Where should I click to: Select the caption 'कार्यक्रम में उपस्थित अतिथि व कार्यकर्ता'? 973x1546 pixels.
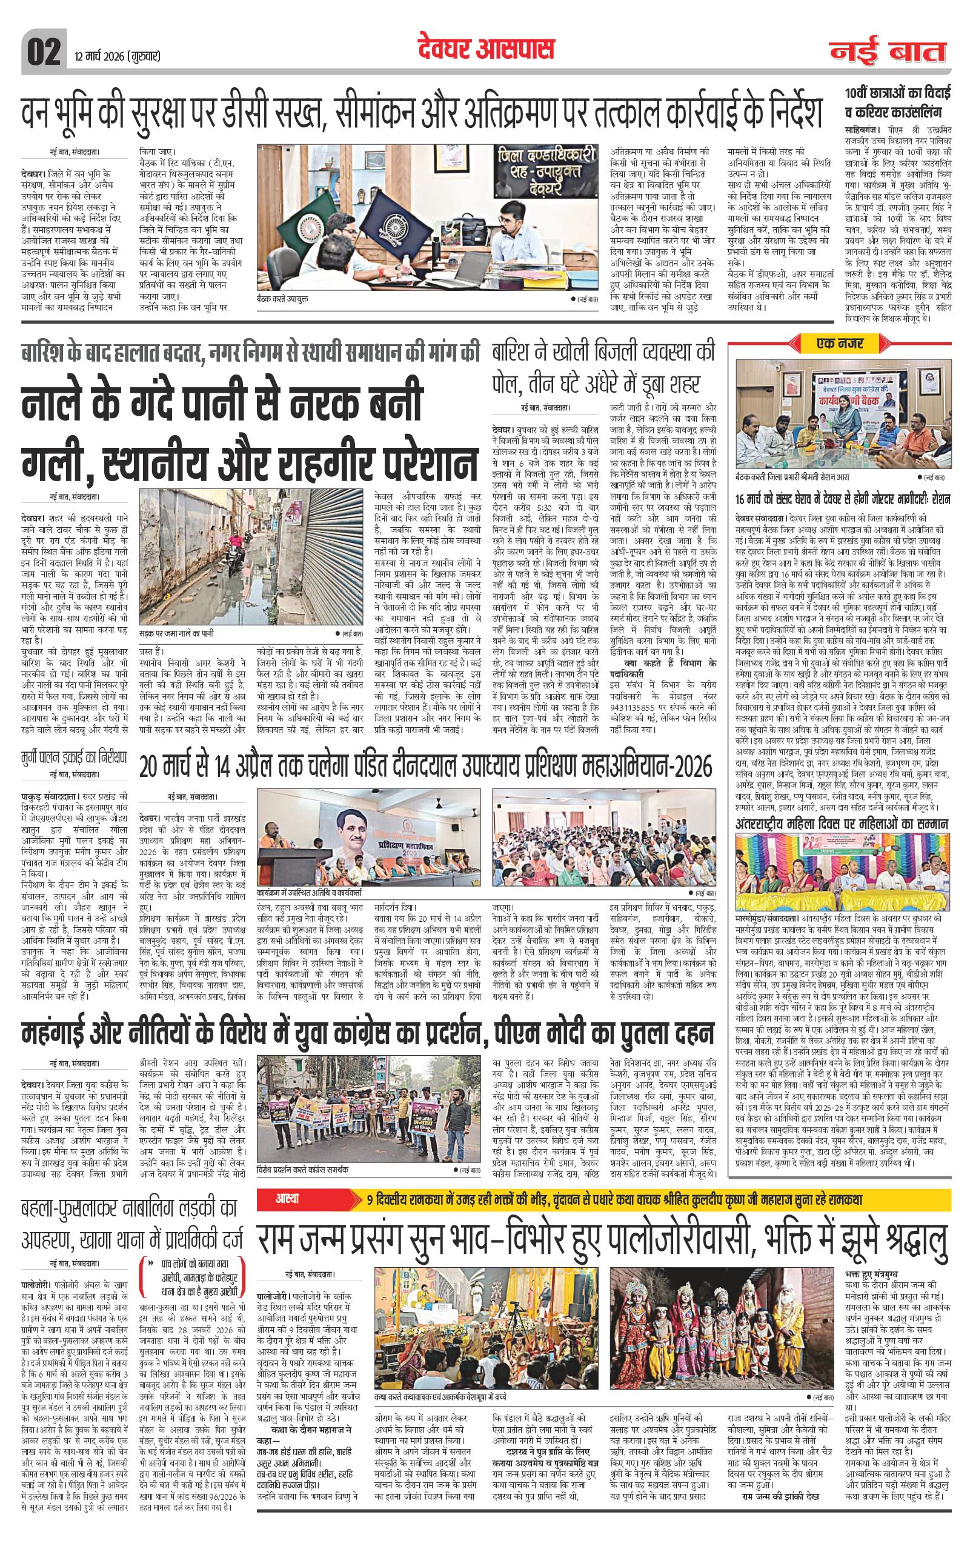click(308, 891)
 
